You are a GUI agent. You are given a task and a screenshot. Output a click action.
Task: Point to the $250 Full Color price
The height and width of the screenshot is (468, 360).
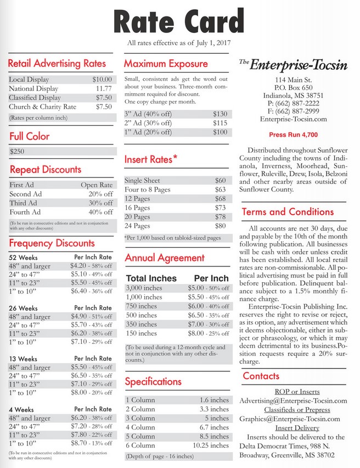point(18,151)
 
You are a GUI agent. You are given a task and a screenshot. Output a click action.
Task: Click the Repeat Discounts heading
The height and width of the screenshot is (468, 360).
point(46,170)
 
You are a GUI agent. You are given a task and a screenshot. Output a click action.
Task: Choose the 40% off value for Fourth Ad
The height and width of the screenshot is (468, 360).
point(100,212)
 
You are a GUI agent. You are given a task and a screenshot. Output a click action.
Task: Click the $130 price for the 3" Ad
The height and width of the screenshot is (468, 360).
point(220,114)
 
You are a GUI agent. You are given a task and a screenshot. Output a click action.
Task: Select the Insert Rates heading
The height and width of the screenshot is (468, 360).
point(150,159)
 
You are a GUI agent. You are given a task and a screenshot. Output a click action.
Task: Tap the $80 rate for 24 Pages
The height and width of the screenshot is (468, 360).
point(220,225)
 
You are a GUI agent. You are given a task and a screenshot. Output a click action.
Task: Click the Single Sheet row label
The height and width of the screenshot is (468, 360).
point(142,180)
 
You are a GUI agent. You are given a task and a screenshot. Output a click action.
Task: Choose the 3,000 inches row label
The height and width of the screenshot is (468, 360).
point(145,288)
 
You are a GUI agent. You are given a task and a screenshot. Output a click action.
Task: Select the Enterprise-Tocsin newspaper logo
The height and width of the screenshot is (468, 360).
point(294,65)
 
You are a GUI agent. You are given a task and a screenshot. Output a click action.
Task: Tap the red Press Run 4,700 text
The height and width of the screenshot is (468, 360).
point(293,135)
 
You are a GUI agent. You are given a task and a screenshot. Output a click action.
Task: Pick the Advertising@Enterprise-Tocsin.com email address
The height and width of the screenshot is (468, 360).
point(294,401)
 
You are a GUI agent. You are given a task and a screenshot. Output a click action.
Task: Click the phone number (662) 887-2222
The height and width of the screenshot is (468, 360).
point(294,103)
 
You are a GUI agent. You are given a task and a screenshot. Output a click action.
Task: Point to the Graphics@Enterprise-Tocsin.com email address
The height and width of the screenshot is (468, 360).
point(289,419)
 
